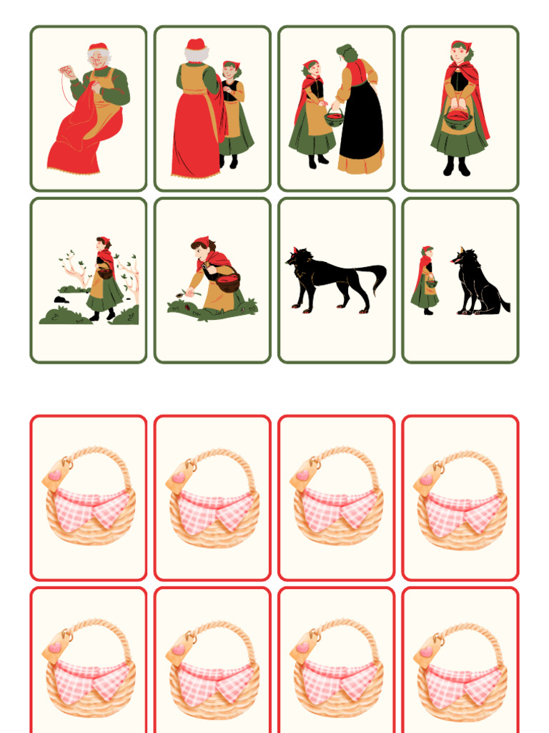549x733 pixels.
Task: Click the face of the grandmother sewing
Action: click(x=98, y=60)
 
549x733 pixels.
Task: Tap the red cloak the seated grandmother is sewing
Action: click(x=79, y=143)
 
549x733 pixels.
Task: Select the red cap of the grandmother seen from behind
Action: click(x=195, y=44)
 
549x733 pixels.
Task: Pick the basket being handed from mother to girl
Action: click(x=334, y=118)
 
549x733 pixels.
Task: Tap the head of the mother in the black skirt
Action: click(x=346, y=53)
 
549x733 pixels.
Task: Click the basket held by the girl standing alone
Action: click(x=458, y=119)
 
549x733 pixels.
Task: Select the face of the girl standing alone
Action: click(x=460, y=54)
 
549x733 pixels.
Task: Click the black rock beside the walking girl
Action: click(x=60, y=299)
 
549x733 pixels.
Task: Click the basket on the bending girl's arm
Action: click(x=227, y=281)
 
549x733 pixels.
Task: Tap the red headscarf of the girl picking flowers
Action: click(x=202, y=241)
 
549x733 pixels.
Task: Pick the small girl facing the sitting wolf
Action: click(x=427, y=279)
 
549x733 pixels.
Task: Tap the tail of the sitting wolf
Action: click(x=503, y=304)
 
